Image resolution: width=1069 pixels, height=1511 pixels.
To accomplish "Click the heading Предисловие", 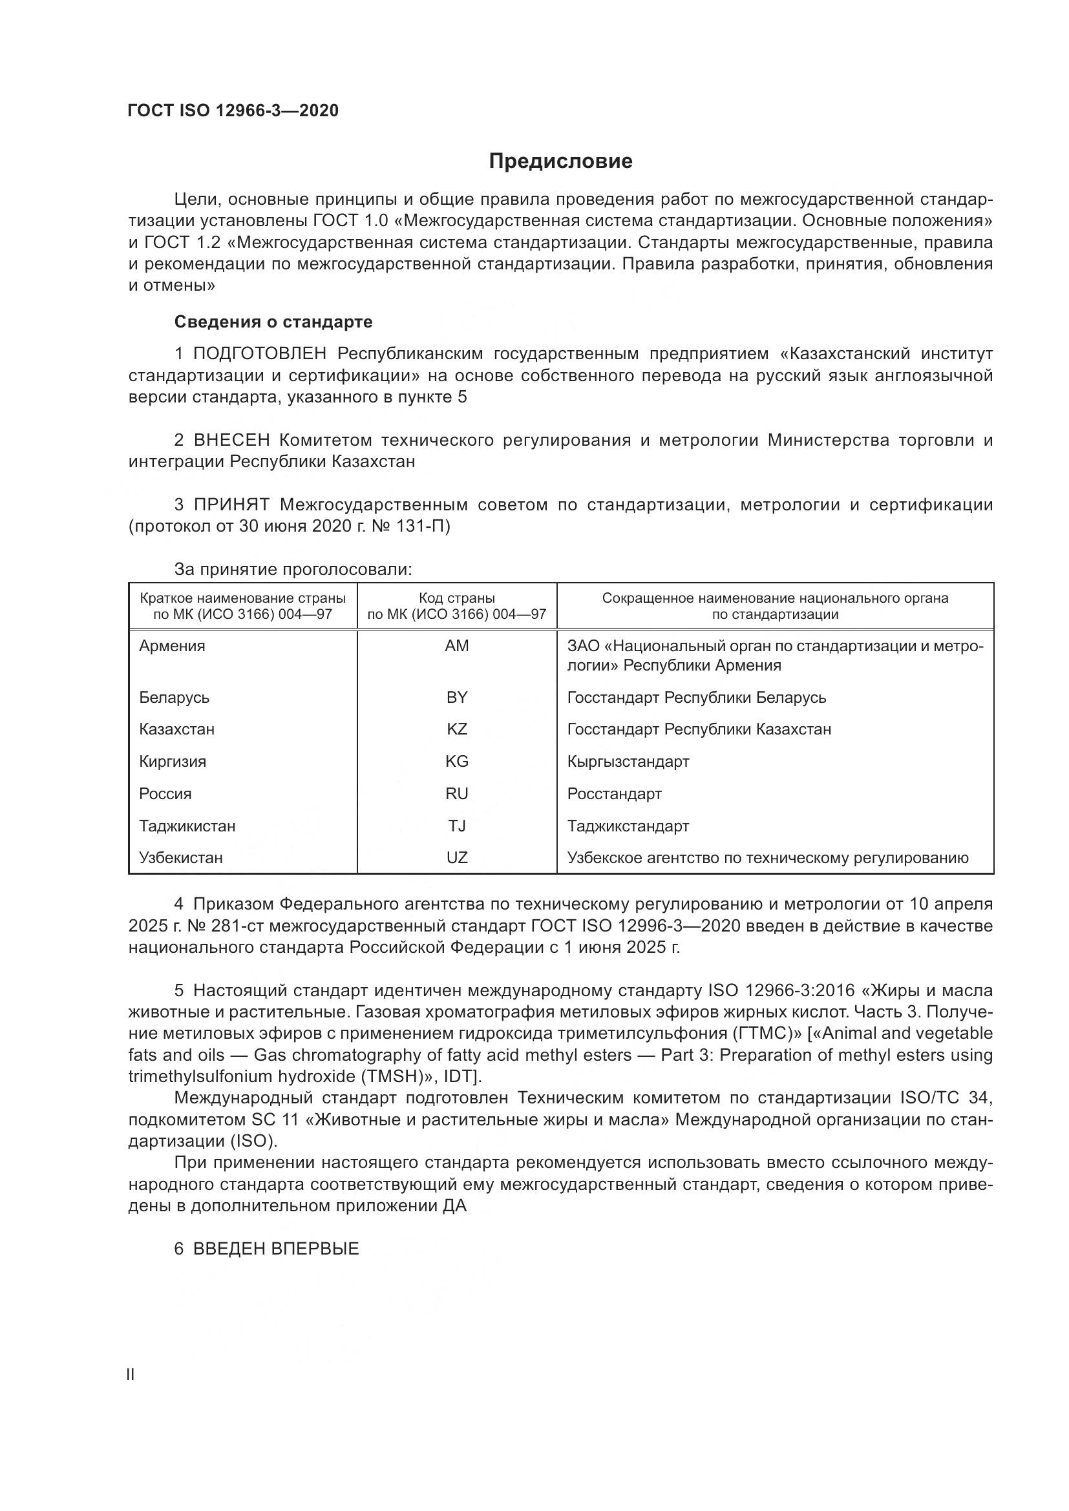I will (x=560, y=162).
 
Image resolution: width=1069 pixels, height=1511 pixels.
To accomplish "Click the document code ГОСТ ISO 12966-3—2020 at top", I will (x=233, y=110).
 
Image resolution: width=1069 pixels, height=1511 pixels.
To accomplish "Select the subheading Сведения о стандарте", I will (x=273, y=322).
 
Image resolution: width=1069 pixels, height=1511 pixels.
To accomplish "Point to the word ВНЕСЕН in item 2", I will (x=232, y=441).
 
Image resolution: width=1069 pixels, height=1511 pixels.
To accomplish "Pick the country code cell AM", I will (x=457, y=646).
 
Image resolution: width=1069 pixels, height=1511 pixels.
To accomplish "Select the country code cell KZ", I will (x=457, y=729).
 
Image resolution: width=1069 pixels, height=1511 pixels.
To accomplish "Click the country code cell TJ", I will (x=457, y=826).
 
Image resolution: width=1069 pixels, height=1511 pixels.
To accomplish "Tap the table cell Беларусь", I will (x=175, y=698).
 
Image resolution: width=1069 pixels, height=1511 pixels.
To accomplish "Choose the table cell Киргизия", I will (x=173, y=762).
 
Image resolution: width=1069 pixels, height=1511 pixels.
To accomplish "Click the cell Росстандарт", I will (x=614, y=794).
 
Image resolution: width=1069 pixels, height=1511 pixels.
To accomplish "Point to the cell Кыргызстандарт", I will (x=628, y=762).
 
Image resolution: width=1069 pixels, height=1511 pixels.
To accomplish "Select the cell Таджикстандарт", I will (x=628, y=826).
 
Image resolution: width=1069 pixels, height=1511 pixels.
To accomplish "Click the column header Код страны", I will (x=457, y=598).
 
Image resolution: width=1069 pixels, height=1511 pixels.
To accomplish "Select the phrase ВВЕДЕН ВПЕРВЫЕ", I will (x=276, y=1249).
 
